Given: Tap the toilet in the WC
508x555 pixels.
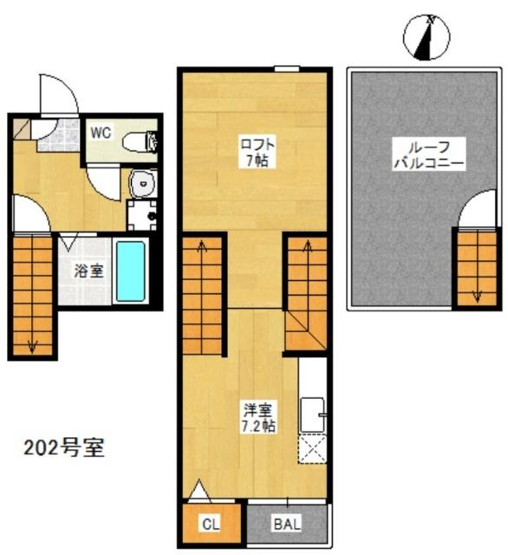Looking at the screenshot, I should [141, 141].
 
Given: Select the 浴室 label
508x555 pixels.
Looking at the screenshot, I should [87, 270].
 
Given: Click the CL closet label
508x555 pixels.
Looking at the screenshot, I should [210, 523].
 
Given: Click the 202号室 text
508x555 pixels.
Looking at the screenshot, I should [64, 450].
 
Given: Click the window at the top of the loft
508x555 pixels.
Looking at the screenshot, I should [285, 69].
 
